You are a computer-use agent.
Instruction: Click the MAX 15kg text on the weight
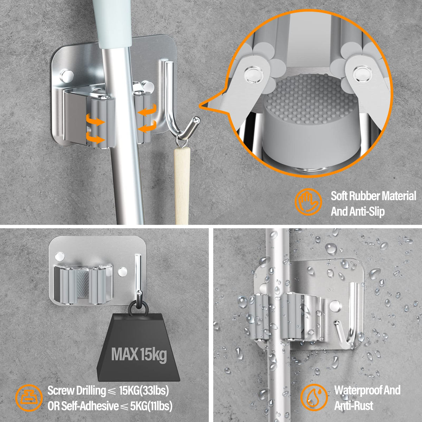coord(139,354)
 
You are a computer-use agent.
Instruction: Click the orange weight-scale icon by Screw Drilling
coord(29,398)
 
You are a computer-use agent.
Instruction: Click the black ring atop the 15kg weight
coord(138,306)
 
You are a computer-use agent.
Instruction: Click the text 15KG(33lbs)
coord(144,390)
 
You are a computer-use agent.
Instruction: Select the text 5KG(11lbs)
coord(151,407)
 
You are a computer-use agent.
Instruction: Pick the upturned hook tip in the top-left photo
coord(194,122)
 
